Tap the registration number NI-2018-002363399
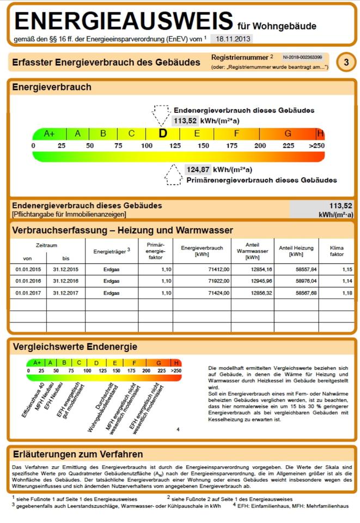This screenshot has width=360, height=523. [x=302, y=57]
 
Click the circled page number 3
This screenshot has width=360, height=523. [x=346, y=63]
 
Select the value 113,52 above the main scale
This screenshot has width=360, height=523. [x=185, y=121]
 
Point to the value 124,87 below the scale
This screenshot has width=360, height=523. [x=198, y=169]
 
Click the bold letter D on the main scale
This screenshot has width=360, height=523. [x=162, y=133]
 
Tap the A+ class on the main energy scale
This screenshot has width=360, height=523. [x=50, y=133]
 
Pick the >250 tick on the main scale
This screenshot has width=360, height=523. [x=316, y=146]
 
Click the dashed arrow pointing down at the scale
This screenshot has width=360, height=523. [x=161, y=115]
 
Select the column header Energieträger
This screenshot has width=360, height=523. [x=111, y=252]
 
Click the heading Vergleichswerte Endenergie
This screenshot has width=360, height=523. [x=75, y=346]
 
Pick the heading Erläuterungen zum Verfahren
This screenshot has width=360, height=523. [x=77, y=454]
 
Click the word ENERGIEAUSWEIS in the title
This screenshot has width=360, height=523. [x=124, y=21]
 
